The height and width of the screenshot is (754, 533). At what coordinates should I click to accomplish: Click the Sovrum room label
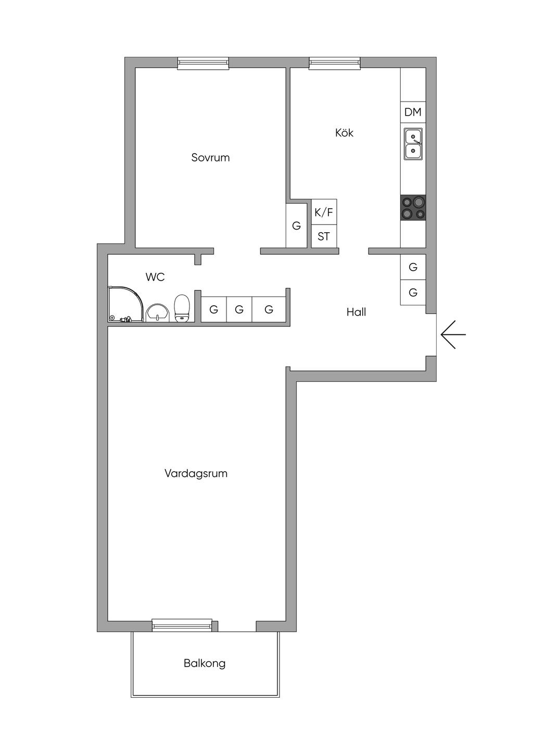(210, 158)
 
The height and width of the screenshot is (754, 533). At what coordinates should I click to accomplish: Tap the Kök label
(344, 133)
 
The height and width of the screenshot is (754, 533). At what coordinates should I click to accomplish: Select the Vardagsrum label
(196, 474)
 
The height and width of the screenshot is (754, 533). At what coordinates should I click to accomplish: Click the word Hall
(356, 312)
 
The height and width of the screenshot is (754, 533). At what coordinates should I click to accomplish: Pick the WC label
(155, 277)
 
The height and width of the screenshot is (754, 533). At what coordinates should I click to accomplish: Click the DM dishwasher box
(413, 112)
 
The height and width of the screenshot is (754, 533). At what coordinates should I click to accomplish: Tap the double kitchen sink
(413, 144)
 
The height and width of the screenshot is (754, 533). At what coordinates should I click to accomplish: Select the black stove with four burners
(413, 208)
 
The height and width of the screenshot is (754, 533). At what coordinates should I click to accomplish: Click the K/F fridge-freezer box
(324, 212)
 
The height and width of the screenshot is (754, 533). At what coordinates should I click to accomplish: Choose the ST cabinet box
(324, 236)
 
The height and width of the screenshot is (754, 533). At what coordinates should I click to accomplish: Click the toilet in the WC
(182, 308)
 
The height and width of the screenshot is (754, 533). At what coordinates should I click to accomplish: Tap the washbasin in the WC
(158, 312)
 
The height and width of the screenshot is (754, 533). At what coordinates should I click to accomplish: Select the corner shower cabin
(126, 304)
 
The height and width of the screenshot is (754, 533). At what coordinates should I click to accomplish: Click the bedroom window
(203, 64)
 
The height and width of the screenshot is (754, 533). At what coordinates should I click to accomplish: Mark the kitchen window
(335, 64)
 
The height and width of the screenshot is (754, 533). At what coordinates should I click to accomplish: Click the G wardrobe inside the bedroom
(297, 225)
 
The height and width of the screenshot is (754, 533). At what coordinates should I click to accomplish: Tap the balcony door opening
(237, 626)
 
